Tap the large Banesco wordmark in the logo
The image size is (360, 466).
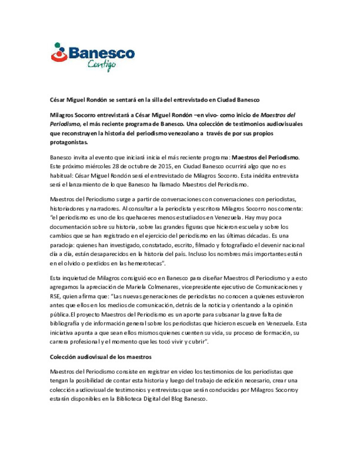101,53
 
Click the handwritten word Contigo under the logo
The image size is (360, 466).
102,64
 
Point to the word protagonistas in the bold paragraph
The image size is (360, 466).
69,142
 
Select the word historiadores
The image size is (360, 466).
67,209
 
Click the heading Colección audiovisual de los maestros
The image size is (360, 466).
101,357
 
